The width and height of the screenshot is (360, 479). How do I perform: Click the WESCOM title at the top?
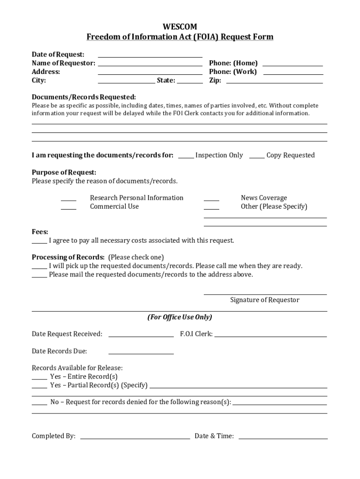click(x=180, y=27)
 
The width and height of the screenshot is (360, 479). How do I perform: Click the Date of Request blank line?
click(x=150, y=55)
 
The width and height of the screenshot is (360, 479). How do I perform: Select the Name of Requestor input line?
click(x=150, y=63)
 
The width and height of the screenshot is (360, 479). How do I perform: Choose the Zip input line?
click(x=274, y=80)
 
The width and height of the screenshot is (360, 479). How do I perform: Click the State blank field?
click(x=190, y=80)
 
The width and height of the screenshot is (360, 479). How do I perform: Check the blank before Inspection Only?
click(x=186, y=156)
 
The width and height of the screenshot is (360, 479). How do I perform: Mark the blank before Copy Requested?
click(x=257, y=156)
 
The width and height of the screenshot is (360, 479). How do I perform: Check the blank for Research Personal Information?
click(x=68, y=198)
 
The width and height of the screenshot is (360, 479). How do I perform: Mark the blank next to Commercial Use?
click(x=68, y=207)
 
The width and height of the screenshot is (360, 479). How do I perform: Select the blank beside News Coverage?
click(x=211, y=198)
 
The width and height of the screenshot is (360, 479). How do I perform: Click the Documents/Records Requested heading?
click(x=84, y=97)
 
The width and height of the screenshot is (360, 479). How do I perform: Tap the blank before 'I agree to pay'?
click(x=39, y=241)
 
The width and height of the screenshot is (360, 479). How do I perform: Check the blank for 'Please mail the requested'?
click(x=39, y=275)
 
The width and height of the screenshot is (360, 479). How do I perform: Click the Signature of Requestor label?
click(x=265, y=300)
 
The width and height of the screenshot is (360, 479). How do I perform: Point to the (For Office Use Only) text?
click(x=180, y=317)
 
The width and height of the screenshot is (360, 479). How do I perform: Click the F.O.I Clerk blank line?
click(x=270, y=334)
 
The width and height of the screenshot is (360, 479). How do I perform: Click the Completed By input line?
click(x=135, y=436)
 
